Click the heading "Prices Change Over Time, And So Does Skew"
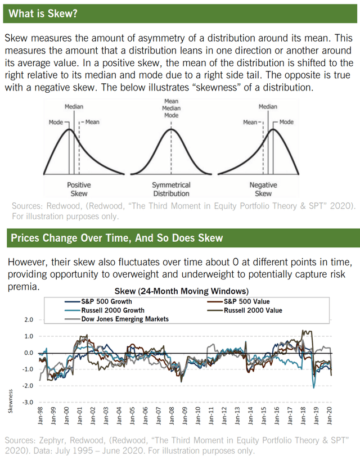click(x=116, y=238)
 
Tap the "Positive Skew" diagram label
click(x=79, y=189)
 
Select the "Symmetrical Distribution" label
click(x=171, y=189)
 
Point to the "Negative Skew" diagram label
click(x=263, y=189)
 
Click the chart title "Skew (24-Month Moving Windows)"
click(x=181, y=291)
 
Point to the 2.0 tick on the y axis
click(x=28, y=319)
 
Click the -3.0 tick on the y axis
click(x=27, y=403)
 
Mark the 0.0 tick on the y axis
click(x=28, y=353)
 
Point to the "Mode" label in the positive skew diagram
click(x=56, y=121)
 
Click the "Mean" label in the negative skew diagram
click(x=250, y=121)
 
